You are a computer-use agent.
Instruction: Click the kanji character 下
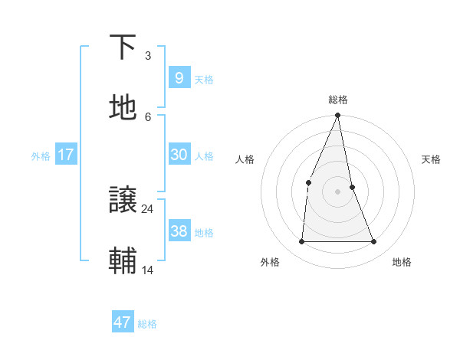click(x=123, y=47)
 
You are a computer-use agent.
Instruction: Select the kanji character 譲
click(x=123, y=201)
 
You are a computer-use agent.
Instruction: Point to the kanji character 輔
click(x=123, y=260)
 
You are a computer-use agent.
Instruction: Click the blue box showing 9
click(x=179, y=77)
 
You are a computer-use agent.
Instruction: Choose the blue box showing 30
click(x=179, y=155)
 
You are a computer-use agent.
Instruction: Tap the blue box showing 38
click(x=179, y=231)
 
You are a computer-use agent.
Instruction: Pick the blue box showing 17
click(x=65, y=155)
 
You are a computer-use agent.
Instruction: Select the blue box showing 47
click(x=122, y=322)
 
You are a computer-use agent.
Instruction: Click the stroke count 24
click(x=148, y=208)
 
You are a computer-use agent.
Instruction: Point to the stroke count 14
click(x=148, y=270)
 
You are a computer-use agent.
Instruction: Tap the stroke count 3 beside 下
click(x=148, y=56)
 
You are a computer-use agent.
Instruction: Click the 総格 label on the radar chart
click(x=337, y=100)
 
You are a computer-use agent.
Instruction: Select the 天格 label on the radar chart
click(x=432, y=159)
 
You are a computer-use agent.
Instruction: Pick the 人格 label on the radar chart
click(x=245, y=159)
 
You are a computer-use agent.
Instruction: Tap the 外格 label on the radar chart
click(x=270, y=262)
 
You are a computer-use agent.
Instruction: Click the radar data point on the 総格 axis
click(x=337, y=116)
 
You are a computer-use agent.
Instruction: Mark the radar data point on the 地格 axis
click(x=373, y=242)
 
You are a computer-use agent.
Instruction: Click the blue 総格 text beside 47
click(x=147, y=324)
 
